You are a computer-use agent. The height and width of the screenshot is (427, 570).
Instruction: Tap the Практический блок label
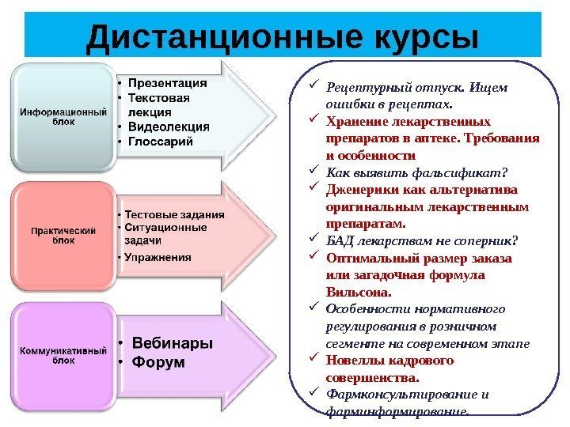[x=63, y=235]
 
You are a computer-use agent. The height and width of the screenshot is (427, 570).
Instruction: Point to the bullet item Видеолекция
[x=169, y=127]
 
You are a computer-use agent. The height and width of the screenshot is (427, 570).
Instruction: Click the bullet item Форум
[x=158, y=362]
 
